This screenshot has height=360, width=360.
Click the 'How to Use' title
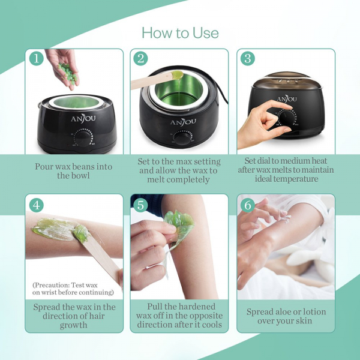tap(180, 32)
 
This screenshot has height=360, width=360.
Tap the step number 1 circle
tap(36, 58)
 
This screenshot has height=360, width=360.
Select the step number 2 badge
tap(140, 58)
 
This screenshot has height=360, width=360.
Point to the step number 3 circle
tap(248, 58)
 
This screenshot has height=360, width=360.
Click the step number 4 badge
tap(36, 205)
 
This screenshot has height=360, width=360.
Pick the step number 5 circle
tap(140, 205)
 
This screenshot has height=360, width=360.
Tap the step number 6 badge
tap(248, 205)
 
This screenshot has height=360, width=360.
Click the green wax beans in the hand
tap(68, 73)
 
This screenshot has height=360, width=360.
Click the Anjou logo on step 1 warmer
tap(83, 118)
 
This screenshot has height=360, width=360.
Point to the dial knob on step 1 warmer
tap(82, 139)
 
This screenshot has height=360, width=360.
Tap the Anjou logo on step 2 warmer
tap(183, 121)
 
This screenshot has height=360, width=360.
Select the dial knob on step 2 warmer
tap(182, 138)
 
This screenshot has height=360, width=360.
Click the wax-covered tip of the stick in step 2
tap(177, 74)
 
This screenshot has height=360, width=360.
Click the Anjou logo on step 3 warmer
tap(287, 99)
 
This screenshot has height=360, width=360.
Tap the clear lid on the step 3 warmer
tap(287, 82)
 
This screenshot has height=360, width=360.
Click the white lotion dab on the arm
tap(284, 218)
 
